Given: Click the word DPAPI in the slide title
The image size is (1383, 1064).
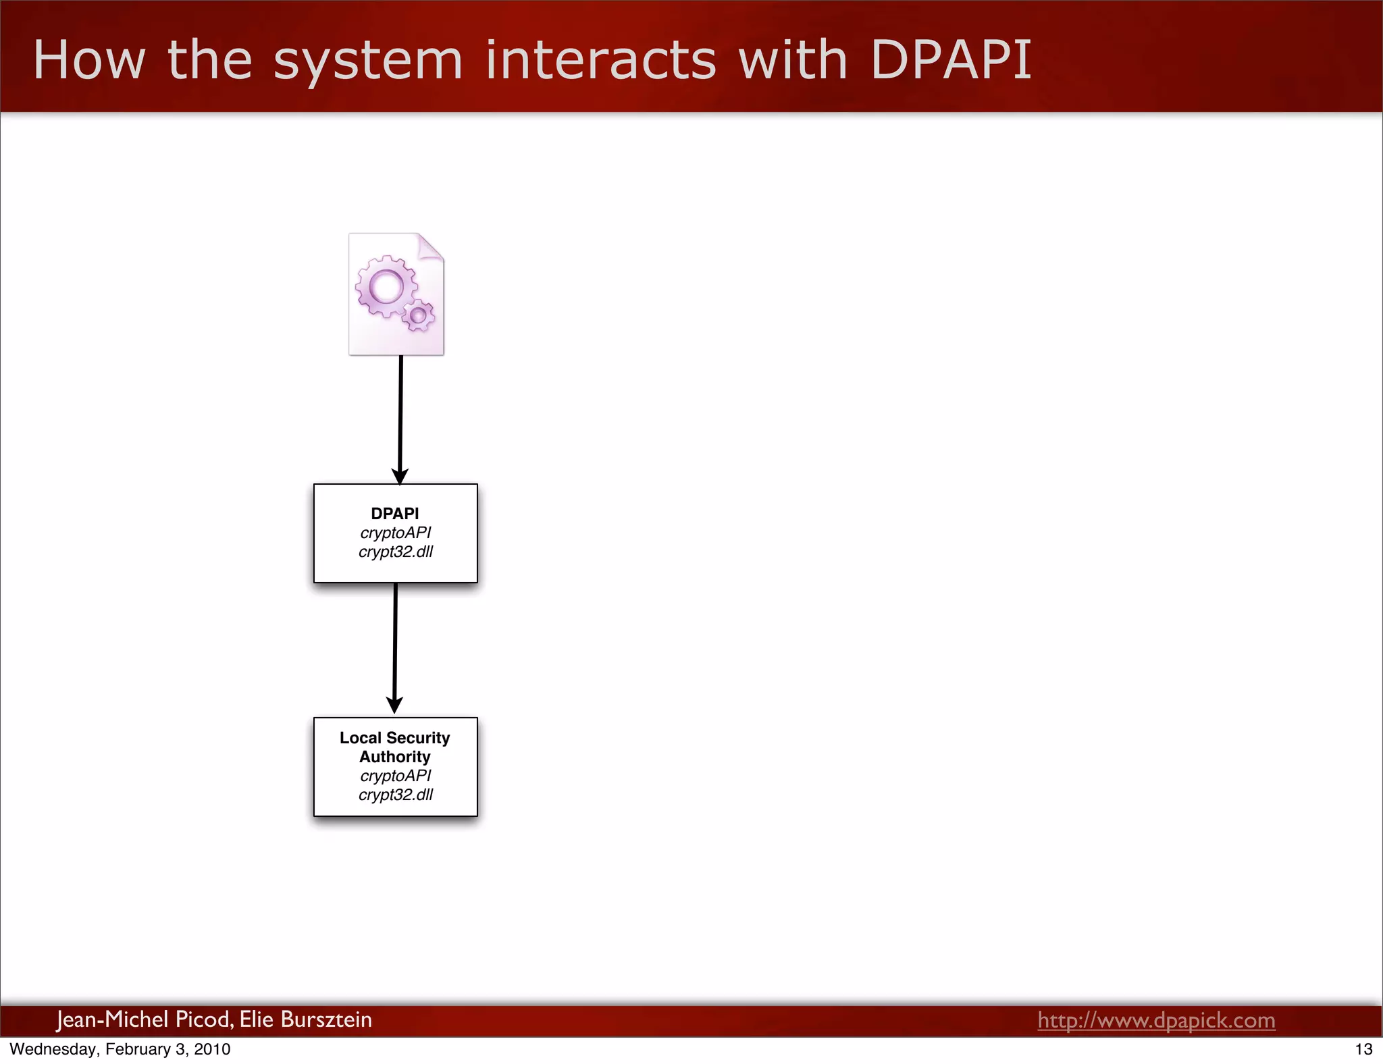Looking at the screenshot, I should click(x=951, y=60).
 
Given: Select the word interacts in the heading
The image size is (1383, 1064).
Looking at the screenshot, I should click(x=600, y=60).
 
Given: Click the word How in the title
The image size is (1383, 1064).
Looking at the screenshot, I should click(x=88, y=60).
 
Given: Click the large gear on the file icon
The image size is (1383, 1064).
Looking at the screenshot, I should click(x=386, y=286).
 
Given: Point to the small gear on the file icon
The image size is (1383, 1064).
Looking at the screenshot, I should click(x=419, y=315).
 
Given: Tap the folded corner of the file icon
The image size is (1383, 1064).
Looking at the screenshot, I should click(x=429, y=246).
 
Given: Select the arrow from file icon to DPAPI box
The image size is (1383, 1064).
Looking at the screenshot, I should click(x=400, y=419).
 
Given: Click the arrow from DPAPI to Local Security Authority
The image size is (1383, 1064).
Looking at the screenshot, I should click(x=395, y=648).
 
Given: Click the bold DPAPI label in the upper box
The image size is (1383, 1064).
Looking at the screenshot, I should click(x=395, y=513).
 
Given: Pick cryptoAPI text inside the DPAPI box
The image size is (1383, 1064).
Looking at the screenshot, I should click(x=396, y=533).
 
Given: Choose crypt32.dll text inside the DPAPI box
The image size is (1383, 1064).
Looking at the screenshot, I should click(x=396, y=552).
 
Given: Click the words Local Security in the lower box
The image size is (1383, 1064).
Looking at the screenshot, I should click(x=394, y=738).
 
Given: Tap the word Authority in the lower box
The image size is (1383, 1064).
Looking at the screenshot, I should click(x=394, y=757).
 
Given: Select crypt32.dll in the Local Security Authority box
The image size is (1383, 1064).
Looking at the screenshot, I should click(x=396, y=795).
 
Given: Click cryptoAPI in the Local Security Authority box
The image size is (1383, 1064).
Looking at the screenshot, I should click(x=396, y=776).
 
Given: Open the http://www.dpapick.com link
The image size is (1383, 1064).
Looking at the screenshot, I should click(x=1156, y=1020).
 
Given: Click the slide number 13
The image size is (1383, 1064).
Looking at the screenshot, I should click(x=1363, y=1049).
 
